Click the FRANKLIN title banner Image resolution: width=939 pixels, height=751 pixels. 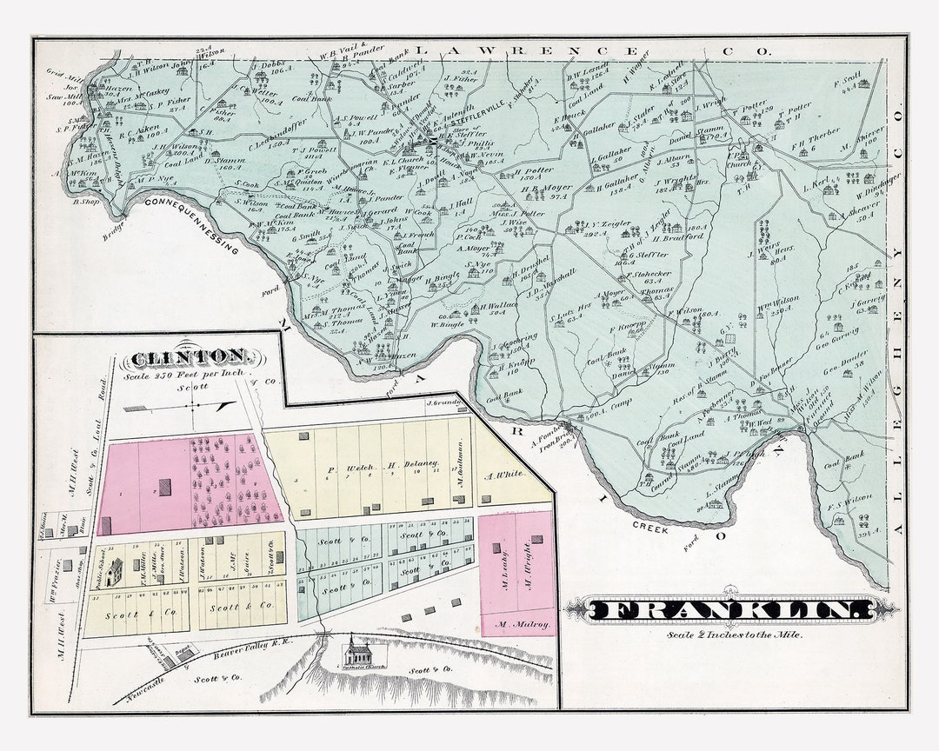(729, 610)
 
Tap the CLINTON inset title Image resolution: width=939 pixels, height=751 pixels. (190, 356)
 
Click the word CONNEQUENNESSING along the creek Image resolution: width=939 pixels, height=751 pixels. (191, 224)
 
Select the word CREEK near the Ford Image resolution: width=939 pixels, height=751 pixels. (650, 526)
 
